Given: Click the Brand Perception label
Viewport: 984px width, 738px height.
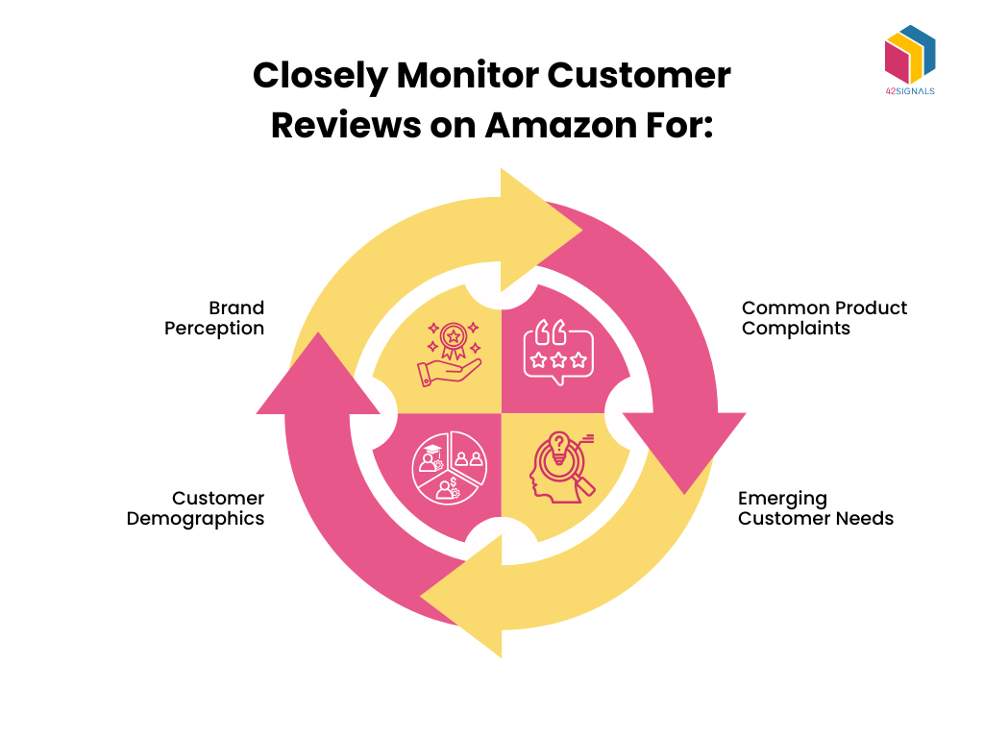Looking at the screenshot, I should click(x=214, y=318).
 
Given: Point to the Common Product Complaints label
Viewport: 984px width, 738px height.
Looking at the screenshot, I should click(x=824, y=318).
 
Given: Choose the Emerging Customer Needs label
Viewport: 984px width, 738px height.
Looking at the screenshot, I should click(x=815, y=508).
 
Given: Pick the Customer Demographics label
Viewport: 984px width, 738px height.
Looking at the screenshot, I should click(x=195, y=508).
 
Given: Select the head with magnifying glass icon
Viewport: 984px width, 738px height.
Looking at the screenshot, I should click(x=557, y=465).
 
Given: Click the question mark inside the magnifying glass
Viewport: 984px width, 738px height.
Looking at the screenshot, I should click(x=556, y=447).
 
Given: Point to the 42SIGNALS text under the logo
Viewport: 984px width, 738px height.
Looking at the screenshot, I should click(x=909, y=91).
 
